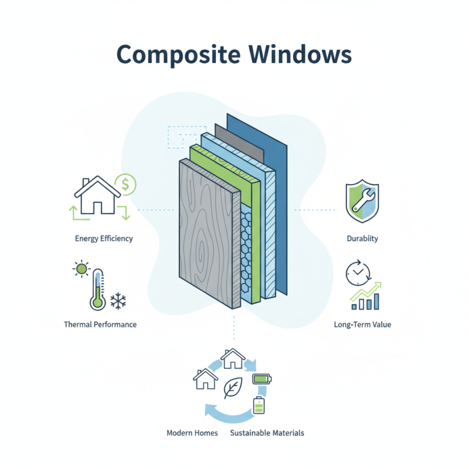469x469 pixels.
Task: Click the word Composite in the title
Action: [174, 54]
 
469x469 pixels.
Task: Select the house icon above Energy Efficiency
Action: [97, 196]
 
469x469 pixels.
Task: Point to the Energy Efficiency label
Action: [104, 239]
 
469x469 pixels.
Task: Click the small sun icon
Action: [80, 270]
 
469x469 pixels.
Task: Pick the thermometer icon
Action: [97, 290]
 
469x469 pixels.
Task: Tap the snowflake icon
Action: [120, 301]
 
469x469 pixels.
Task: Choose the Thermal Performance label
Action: [100, 324]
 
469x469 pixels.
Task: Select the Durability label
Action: [362, 239]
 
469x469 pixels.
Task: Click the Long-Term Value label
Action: [362, 324]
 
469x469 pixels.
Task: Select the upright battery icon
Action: [259, 405]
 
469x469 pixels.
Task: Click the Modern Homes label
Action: [192, 433]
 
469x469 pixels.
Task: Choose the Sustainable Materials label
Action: [267, 433]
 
